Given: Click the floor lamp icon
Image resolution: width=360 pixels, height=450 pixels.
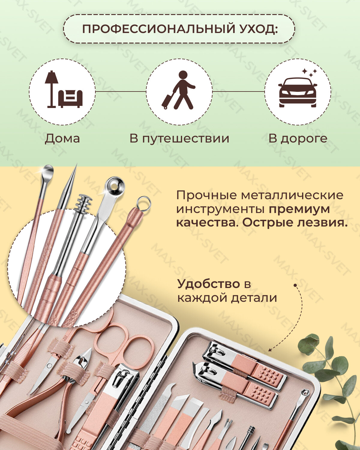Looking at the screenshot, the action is (x=51, y=88).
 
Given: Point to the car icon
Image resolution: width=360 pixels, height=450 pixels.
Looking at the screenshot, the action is (x=298, y=92).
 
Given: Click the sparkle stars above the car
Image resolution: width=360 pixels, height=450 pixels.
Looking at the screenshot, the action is (x=309, y=72).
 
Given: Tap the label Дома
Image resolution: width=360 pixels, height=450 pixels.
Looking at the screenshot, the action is (x=62, y=139).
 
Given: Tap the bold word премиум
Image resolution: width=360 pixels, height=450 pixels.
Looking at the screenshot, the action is (x=299, y=209).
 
